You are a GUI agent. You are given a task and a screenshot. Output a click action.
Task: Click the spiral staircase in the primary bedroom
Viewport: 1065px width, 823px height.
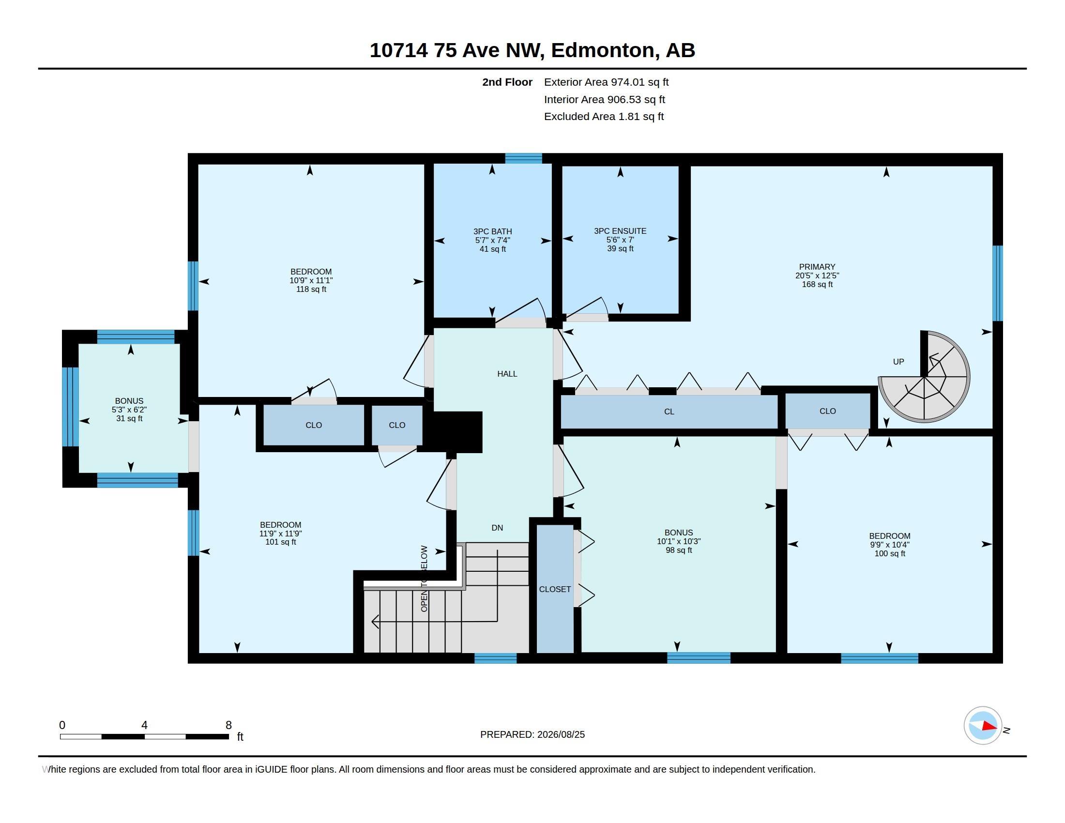point(925,377)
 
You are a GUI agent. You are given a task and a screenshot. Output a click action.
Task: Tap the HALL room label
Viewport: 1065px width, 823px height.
point(507,374)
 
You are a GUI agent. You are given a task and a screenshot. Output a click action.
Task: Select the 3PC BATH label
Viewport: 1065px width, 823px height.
point(492,231)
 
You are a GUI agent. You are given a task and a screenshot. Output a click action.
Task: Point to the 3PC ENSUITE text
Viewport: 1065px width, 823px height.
point(620,231)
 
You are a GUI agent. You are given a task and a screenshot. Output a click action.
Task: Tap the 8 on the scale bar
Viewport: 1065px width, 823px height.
point(228,725)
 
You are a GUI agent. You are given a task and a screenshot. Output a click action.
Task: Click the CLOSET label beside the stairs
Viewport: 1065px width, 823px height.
point(555,590)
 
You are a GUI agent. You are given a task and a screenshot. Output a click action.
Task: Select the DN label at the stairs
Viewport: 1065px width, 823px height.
point(497,528)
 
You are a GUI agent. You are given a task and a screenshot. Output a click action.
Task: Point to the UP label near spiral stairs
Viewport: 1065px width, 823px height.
point(898,362)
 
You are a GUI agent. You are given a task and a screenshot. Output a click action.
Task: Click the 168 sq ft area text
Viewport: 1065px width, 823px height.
point(817,284)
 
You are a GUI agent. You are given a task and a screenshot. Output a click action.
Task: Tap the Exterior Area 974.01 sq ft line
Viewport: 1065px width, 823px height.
point(606,82)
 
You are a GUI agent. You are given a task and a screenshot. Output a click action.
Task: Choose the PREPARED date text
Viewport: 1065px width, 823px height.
point(532,734)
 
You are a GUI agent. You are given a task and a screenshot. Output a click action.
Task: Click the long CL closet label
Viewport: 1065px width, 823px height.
point(669,412)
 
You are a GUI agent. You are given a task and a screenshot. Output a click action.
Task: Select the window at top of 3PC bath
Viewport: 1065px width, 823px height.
point(523,158)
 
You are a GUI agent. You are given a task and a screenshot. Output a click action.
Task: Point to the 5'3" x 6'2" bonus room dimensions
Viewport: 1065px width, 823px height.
point(129,410)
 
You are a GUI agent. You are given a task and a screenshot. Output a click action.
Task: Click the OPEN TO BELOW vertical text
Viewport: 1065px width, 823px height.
point(424,579)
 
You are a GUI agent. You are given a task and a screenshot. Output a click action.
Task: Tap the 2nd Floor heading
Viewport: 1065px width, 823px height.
point(507,82)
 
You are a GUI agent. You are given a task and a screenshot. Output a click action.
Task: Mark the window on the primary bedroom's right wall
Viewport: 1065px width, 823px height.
point(998,283)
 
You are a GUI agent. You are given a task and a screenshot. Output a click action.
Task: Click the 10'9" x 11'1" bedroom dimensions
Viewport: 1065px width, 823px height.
point(311,280)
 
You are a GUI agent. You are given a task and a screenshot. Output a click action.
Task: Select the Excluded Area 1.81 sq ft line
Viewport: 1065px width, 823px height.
point(604,117)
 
